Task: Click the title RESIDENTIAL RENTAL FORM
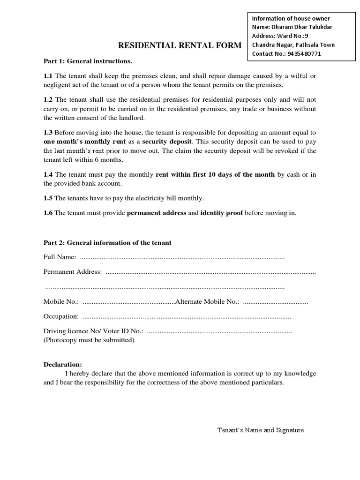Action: pyautogui.click(x=180, y=45)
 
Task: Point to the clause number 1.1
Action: pyautogui.click(x=48, y=76)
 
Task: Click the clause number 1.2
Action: pyautogui.click(x=48, y=100)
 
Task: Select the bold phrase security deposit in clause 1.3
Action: pyautogui.click(x=167, y=142)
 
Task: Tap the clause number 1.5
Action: pyautogui.click(x=48, y=198)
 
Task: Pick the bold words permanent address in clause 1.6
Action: pyautogui.click(x=157, y=213)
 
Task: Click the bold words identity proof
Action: pyautogui.click(x=222, y=213)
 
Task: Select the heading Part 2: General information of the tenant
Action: pyautogui.click(x=107, y=242)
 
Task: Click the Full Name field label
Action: pyautogui.click(x=60, y=257)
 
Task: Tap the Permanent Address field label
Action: pyautogui.click(x=73, y=272)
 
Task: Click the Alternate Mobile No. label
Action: pyautogui.click(x=207, y=302)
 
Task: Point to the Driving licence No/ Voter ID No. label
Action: pyautogui.click(x=93, y=331)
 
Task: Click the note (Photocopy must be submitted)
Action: pyautogui.click(x=89, y=340)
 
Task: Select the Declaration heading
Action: pyautogui.click(x=63, y=365)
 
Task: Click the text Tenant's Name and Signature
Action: pyautogui.click(x=261, y=430)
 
